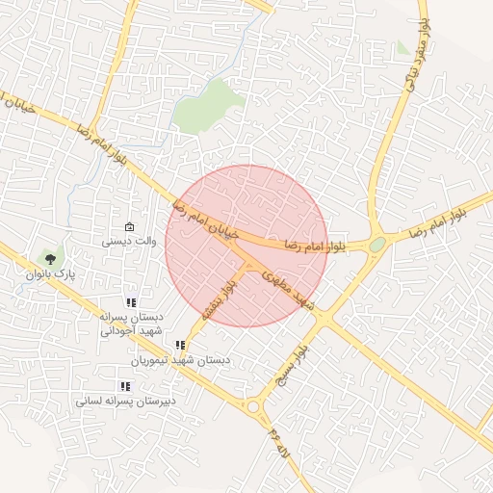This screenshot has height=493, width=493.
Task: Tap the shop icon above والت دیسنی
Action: point(130,227)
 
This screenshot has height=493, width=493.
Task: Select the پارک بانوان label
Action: point(50,274)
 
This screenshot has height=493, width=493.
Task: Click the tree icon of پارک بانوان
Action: point(49,257)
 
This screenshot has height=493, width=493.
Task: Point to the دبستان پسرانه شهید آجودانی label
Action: point(132,323)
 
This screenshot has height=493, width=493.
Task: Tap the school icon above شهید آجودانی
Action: point(132,302)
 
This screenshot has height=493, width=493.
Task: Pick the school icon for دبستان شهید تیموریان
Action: point(180,345)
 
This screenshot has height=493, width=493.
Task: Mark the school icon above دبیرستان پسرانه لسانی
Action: point(125,386)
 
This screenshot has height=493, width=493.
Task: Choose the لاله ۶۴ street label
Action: point(279,438)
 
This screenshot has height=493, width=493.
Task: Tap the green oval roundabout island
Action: point(376,245)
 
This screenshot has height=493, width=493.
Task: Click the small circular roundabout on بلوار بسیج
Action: point(253,407)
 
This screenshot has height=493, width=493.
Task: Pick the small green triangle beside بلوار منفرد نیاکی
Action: point(402,47)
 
